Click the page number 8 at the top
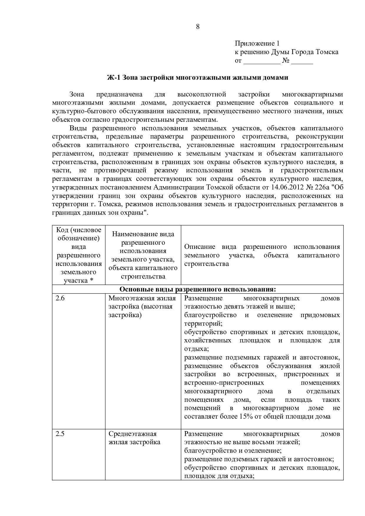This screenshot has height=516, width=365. [x=198, y=27]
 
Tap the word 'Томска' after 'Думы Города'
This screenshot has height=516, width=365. [x=327, y=52]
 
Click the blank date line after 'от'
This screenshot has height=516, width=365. [x=262, y=61]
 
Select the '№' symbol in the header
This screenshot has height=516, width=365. [x=286, y=61]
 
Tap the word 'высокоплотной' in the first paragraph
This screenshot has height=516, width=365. [x=202, y=94]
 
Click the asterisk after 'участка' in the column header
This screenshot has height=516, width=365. [x=92, y=281]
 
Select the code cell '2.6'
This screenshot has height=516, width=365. [x=60, y=298]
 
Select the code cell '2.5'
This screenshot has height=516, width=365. [x=60, y=434]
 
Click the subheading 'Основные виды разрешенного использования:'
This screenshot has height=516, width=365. [x=198, y=289]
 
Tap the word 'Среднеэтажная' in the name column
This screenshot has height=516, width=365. [x=132, y=434]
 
